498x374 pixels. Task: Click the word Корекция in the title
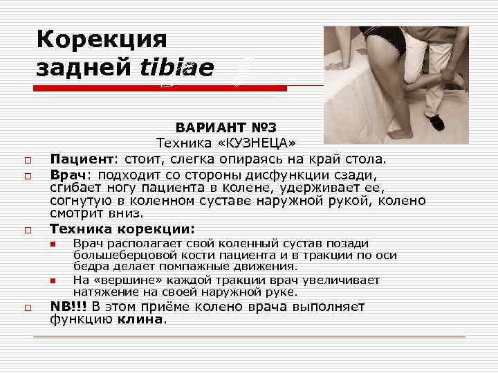[102, 38]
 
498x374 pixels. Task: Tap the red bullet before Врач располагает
[52, 244]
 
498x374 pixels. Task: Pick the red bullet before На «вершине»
[52, 280]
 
